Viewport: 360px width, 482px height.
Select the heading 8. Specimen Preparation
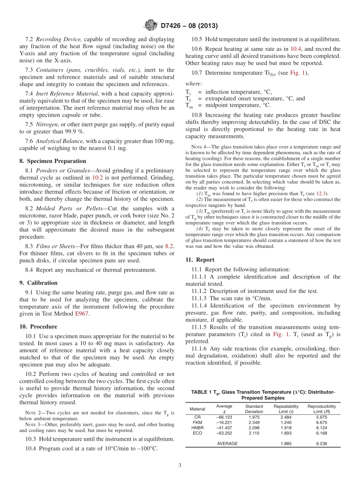point(53,161)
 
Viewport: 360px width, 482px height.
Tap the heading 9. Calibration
point(38,283)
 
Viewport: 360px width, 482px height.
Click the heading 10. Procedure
point(38,327)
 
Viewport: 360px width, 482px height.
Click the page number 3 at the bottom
point(180,465)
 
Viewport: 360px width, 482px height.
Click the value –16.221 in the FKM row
point(224,422)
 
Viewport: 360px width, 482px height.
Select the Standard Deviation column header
point(254,409)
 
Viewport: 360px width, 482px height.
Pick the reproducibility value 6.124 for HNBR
point(321,428)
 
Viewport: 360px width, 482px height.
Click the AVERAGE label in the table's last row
point(227,443)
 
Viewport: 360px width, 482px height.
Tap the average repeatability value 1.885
point(286,443)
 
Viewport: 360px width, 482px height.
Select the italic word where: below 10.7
point(194,83)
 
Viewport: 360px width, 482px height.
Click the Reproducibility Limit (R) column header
point(321,409)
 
